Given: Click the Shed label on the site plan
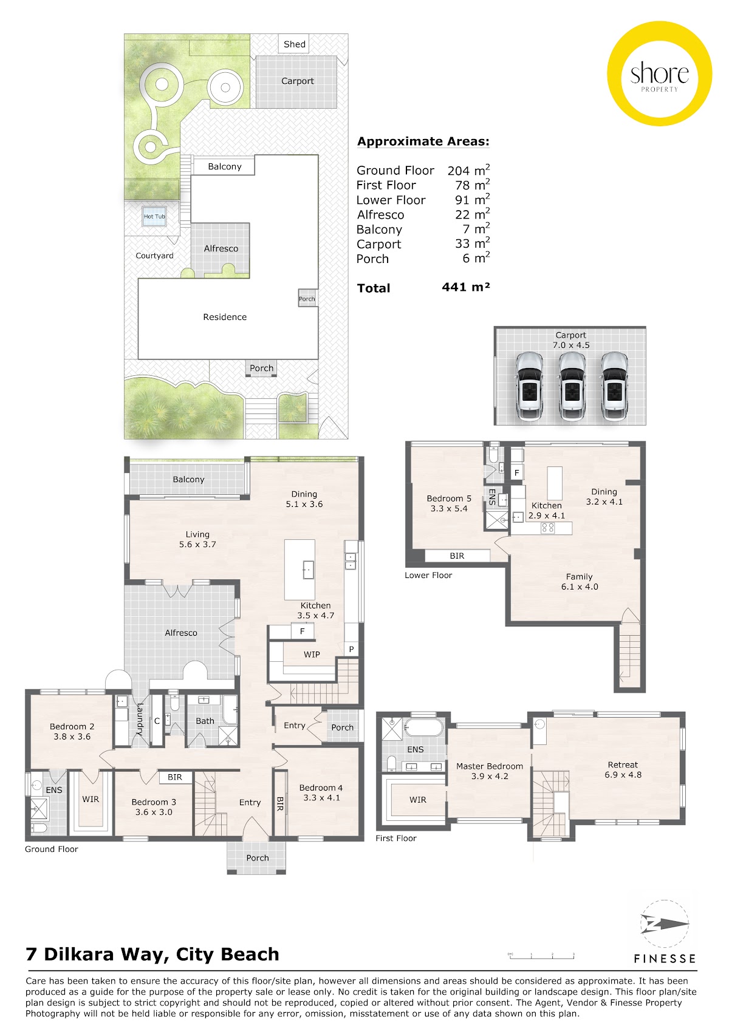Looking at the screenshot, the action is pos(294,44).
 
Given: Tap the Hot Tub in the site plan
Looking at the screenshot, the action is pos(154,216).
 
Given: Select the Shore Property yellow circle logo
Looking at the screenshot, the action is pos(660,73).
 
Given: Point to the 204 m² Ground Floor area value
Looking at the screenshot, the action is pos(468,170).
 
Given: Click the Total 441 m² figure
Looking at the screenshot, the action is pos(465,287).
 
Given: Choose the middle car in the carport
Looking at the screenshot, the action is pos(572,387).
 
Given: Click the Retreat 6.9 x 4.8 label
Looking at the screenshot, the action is pos(623,769).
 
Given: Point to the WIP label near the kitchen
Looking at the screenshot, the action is pos(312,655).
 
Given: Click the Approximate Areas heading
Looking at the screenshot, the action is pos(423,141).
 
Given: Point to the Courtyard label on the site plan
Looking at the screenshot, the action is pos(154,256).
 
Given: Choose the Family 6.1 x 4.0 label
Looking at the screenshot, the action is pos(580,581).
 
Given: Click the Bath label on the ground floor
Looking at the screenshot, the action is pos(205,721).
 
